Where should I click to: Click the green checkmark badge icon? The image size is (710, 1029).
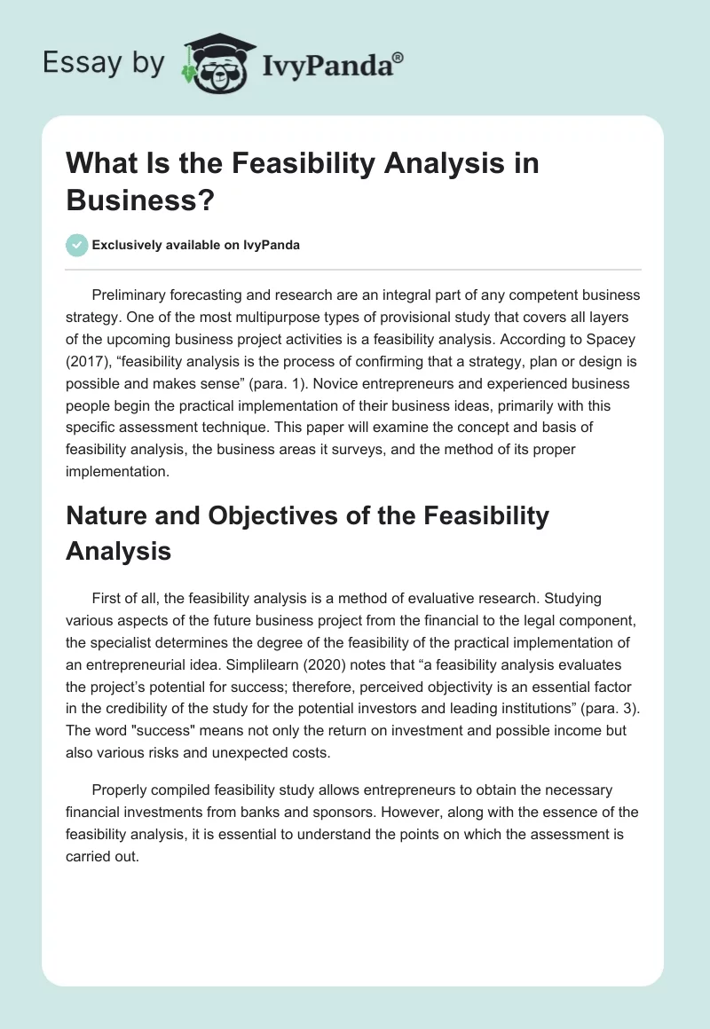(x=77, y=245)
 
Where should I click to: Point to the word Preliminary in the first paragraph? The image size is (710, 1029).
(x=131, y=295)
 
